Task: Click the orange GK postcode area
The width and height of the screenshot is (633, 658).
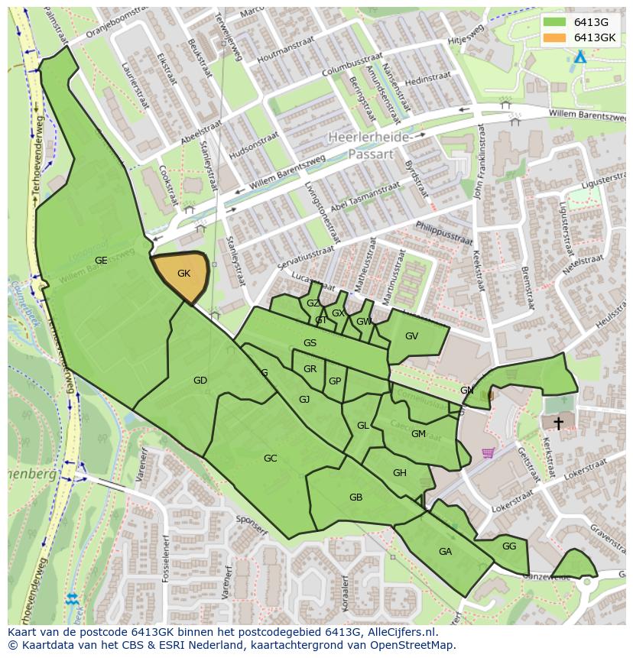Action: click(182, 275)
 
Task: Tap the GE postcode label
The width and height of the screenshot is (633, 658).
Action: click(101, 261)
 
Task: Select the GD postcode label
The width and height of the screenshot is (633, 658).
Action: click(200, 381)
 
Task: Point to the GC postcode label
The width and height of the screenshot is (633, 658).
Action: click(270, 459)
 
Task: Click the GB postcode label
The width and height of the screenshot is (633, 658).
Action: click(355, 498)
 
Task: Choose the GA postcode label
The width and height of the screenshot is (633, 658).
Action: click(445, 552)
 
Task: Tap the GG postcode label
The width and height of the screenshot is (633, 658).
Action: click(509, 546)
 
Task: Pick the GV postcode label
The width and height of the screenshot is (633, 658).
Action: click(411, 336)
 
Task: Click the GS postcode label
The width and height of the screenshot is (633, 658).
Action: click(310, 343)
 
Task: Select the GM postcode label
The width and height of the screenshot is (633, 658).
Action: click(418, 434)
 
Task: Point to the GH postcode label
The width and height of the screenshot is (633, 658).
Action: click(400, 473)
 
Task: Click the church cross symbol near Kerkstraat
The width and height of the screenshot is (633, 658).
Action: click(559, 423)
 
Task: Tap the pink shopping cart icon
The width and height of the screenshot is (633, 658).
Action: click(488, 452)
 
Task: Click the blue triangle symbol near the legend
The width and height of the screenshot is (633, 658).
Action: click(580, 57)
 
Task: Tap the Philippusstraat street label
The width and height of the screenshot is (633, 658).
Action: click(443, 232)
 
